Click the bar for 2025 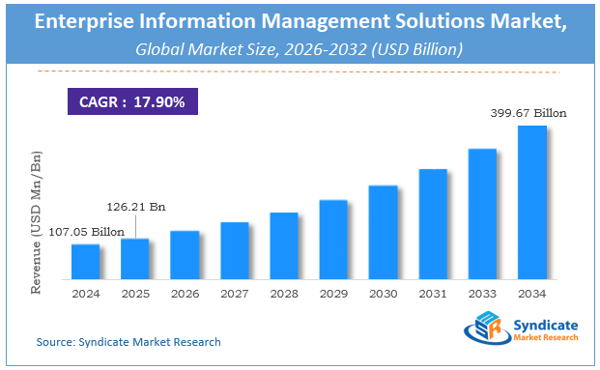[135, 258]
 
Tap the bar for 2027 [235, 250]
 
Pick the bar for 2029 [333, 239]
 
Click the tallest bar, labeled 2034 [532, 202]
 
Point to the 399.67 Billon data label [529, 113]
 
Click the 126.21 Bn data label [135, 206]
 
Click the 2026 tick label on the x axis [185, 294]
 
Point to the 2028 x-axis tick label [284, 294]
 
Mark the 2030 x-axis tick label [384, 294]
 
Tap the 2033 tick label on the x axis [483, 294]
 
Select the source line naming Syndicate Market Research [129, 342]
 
